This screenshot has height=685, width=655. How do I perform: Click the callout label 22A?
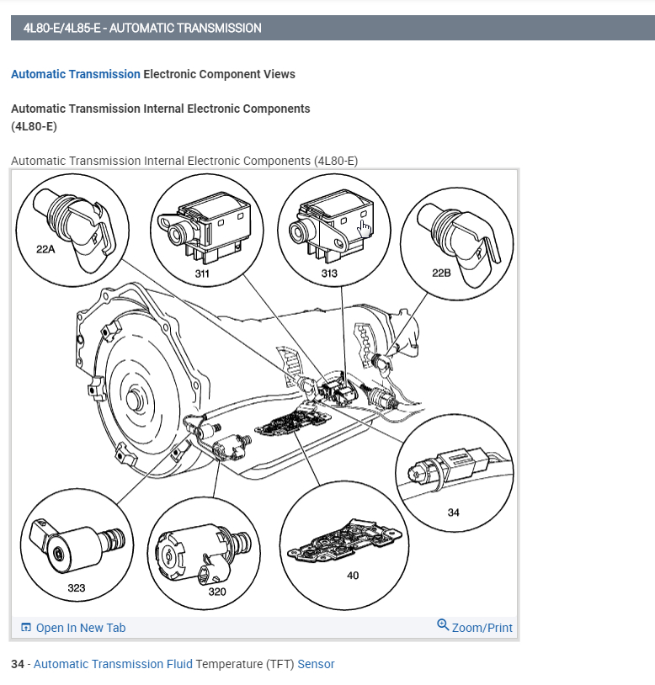[x=45, y=249]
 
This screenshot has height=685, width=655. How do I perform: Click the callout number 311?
[x=202, y=273]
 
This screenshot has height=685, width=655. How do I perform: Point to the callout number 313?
[x=328, y=273]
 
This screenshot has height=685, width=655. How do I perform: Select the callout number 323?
[x=77, y=587]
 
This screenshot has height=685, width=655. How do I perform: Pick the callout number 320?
[x=217, y=592]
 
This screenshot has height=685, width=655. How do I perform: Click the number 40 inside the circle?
[x=352, y=576]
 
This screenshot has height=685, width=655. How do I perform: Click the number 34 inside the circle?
[x=454, y=512]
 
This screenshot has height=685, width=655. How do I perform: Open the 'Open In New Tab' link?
[x=81, y=628]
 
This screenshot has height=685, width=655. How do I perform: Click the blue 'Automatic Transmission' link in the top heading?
[x=76, y=74]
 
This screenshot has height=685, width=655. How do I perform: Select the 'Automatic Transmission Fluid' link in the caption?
[x=113, y=664]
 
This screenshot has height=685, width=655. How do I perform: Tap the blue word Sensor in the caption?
[x=316, y=664]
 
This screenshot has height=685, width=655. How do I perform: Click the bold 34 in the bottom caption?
[x=18, y=664]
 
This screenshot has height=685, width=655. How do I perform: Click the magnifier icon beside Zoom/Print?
[x=443, y=625]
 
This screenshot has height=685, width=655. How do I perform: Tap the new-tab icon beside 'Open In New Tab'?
[x=26, y=628]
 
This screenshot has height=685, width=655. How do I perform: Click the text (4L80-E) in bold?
[x=34, y=126]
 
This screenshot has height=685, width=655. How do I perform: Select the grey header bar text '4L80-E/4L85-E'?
[x=64, y=28]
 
